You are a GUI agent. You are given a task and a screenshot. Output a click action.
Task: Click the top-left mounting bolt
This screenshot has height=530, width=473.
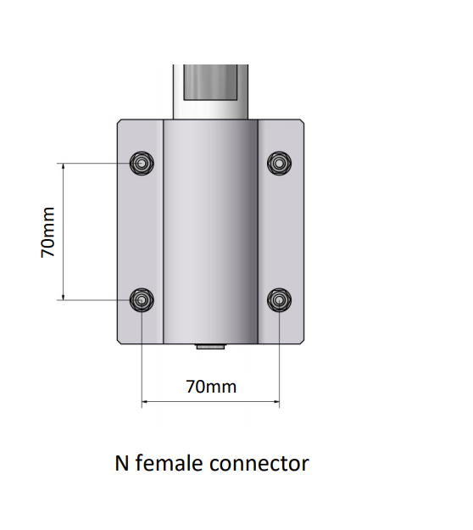142,164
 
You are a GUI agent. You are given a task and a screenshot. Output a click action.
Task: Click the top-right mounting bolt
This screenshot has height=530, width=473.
279,164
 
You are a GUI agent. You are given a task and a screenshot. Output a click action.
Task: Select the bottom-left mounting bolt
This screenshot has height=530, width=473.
142,300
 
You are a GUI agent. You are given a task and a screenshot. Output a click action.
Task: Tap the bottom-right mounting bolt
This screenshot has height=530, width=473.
279,300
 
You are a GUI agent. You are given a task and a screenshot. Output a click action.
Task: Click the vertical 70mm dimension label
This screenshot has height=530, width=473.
47,232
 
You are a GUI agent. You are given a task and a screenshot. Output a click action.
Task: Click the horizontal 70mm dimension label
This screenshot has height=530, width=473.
211,387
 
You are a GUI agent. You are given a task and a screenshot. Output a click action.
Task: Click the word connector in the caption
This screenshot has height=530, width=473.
259,464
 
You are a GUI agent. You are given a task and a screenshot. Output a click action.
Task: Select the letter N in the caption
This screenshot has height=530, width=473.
122,463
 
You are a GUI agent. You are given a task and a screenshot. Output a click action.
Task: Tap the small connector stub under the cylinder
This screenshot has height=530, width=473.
210,347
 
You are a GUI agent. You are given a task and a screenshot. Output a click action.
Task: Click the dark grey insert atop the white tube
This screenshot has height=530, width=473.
210,82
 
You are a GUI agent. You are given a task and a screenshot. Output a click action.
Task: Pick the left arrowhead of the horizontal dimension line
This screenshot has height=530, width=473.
144,402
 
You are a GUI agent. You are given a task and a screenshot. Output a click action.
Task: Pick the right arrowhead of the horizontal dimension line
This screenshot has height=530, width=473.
276,402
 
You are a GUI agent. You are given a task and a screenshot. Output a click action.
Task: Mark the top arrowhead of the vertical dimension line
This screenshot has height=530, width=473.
64,165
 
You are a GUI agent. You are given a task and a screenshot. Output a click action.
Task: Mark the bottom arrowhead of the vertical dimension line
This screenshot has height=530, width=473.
64,298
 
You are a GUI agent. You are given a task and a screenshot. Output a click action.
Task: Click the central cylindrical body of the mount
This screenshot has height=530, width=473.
210,232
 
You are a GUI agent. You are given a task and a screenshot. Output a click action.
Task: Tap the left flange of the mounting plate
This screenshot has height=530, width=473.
140,232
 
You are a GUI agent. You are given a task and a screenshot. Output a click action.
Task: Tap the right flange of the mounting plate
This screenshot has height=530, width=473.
281,232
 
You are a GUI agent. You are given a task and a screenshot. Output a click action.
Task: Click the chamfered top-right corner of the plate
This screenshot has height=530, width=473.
303,121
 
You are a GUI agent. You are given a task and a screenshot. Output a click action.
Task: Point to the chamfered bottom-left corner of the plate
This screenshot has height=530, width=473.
119,342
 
